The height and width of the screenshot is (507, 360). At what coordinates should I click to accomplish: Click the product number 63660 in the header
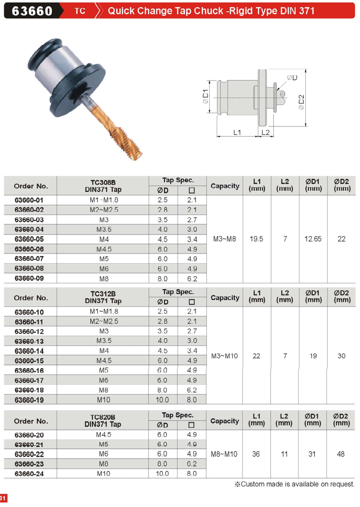32,11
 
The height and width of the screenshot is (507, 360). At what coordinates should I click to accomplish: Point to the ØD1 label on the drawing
205,96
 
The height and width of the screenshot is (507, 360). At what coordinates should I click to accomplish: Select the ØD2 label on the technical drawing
301,102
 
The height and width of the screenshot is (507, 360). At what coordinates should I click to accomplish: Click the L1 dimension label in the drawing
237,132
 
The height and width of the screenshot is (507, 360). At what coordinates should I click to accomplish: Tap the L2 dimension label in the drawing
265,132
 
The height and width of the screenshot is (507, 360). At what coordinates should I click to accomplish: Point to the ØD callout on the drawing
292,78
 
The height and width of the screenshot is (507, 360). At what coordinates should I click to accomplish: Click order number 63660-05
29,239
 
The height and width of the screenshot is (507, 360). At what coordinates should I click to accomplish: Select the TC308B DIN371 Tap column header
103,186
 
